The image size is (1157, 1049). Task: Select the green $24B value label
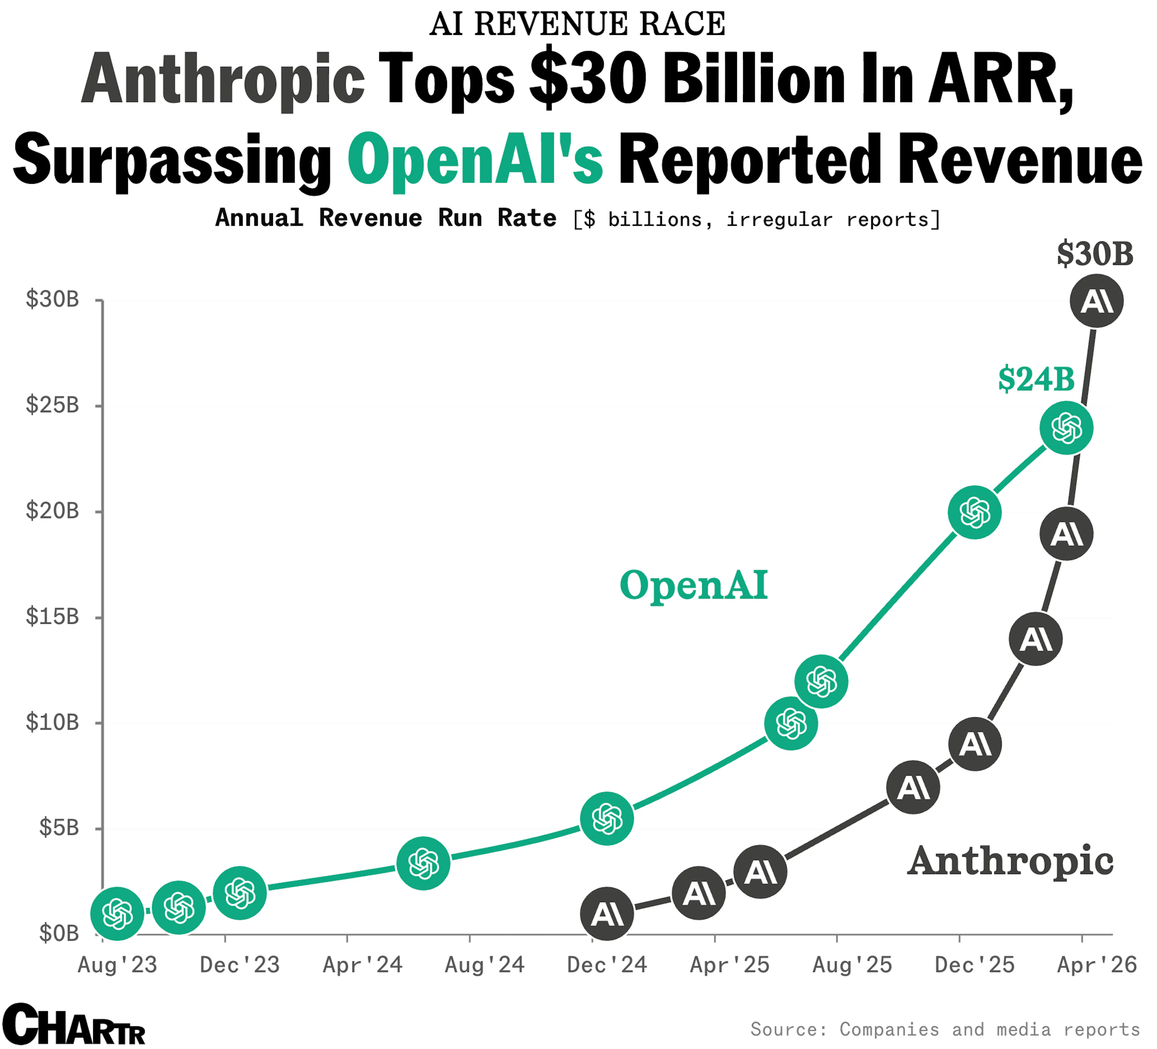(x=1036, y=379)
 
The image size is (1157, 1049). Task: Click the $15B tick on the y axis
(x=52, y=617)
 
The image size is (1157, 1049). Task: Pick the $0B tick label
(x=58, y=934)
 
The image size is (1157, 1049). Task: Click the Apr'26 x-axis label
(x=1097, y=965)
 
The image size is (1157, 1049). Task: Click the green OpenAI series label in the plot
(x=693, y=585)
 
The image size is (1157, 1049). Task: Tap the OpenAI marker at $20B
(x=974, y=512)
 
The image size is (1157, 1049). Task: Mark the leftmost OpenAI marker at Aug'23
(x=118, y=914)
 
